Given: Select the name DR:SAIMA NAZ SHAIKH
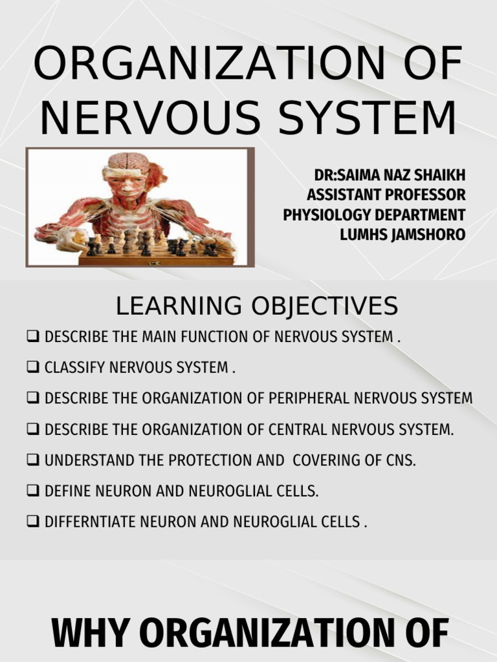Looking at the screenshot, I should pyautogui.click(x=390, y=176).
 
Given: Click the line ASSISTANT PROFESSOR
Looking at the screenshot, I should pyautogui.click(x=386, y=195).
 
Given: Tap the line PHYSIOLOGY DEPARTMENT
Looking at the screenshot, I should pyautogui.click(x=374, y=215).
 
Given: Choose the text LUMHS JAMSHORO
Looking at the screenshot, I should pyautogui.click(x=402, y=234).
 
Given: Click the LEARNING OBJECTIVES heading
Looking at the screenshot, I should pyautogui.click(x=257, y=306).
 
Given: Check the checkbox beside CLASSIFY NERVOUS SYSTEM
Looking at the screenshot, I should pyautogui.click(x=33, y=368).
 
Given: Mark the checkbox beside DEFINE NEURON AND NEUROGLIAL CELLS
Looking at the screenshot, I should pyautogui.click(x=33, y=491).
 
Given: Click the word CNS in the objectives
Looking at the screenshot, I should pyautogui.click(x=399, y=460).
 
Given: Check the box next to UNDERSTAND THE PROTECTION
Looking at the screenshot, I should pyautogui.click(x=33, y=460).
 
